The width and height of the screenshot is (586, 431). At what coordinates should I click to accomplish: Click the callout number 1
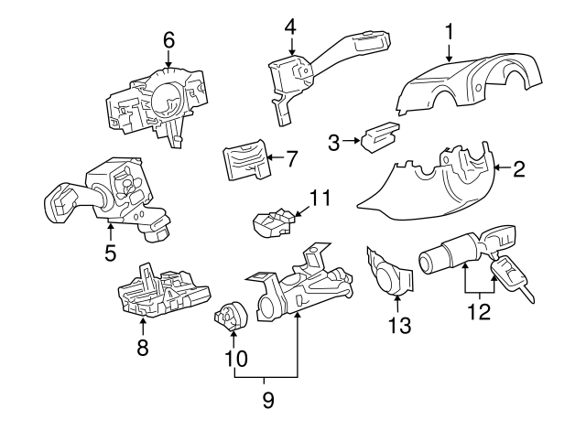(x=450, y=32)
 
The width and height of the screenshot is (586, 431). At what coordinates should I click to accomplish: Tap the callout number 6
(x=168, y=39)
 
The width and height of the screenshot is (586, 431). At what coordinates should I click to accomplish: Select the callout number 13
(x=399, y=324)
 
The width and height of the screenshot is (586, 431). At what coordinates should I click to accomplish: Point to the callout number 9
(x=267, y=399)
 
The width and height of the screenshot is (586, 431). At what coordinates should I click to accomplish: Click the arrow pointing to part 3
(x=350, y=142)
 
